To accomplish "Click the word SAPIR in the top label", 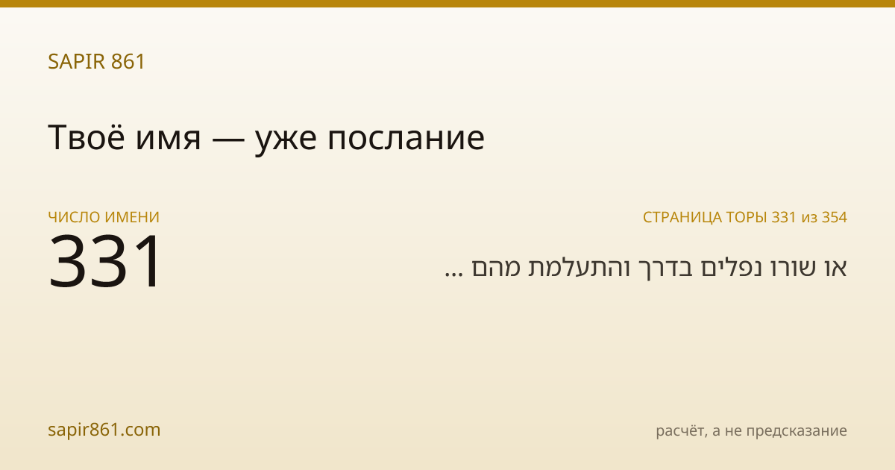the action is (x=77, y=61).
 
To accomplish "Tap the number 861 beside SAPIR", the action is (x=128, y=61).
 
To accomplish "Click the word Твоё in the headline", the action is (x=87, y=137).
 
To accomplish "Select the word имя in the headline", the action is (x=169, y=140).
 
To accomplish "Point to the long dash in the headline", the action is (x=227, y=140).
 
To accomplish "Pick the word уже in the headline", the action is (x=286, y=142).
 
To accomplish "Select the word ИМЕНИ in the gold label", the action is (x=132, y=217).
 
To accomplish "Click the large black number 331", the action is (x=104, y=261).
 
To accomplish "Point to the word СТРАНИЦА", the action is (x=682, y=217).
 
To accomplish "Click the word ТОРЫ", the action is (x=747, y=217).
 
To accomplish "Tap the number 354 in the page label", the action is (x=835, y=217).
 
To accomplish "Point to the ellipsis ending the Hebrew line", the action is (x=454, y=275).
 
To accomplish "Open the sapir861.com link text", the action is (x=104, y=430).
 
